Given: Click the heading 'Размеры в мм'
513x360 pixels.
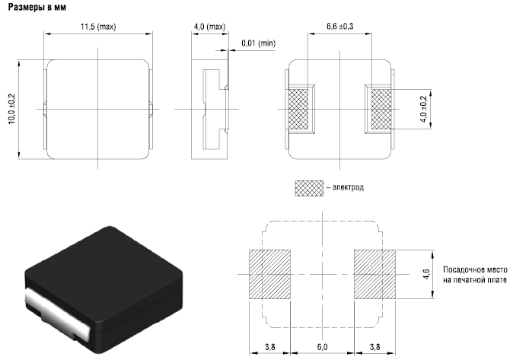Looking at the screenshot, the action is (37, 7).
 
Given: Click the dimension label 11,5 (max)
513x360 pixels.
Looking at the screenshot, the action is (98, 27).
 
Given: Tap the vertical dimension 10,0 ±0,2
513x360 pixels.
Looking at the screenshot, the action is (11, 109).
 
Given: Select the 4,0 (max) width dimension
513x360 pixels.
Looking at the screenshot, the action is (210, 27).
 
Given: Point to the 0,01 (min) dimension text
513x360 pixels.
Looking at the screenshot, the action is (259, 43).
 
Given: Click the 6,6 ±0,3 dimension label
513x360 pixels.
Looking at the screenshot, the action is (339, 27).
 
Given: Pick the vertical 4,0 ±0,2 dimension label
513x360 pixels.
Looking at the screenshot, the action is (424, 109).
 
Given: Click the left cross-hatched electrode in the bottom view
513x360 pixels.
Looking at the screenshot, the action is (298, 110).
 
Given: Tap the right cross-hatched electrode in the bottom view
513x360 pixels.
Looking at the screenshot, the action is (381, 110).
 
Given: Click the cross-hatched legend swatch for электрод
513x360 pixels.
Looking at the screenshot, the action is (309, 188).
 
